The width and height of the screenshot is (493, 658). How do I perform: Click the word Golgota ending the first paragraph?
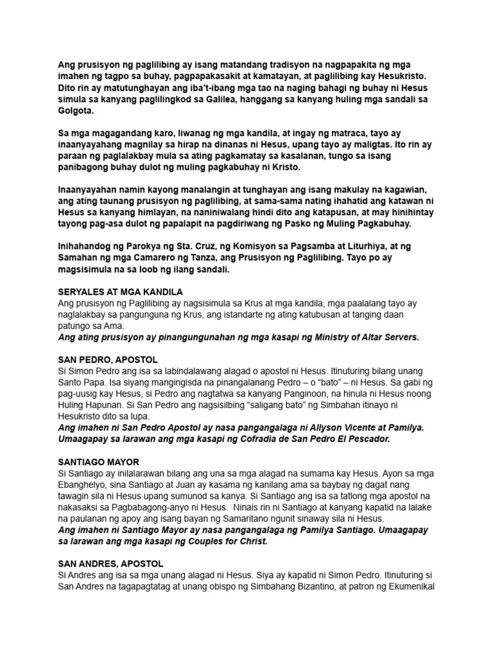[75, 111]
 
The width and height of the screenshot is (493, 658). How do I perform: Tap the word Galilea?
[231, 99]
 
